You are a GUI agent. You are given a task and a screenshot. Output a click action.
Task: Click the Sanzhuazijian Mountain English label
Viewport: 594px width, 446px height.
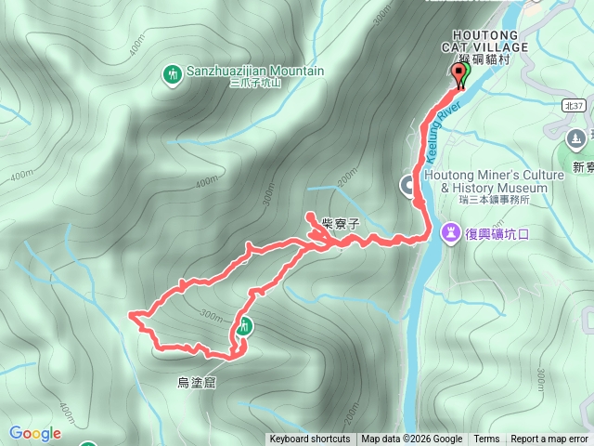click(256, 71)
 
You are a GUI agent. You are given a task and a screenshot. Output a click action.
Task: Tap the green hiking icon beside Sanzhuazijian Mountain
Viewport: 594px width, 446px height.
click(172, 73)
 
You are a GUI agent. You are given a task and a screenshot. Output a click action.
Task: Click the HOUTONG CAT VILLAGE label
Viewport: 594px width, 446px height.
click(484, 40)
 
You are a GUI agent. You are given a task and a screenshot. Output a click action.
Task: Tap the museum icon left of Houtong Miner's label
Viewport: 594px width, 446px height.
click(408, 186)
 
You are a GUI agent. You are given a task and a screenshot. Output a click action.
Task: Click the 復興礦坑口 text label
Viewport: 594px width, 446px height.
click(497, 232)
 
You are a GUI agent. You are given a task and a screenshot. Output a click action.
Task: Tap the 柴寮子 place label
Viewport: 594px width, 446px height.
click(340, 223)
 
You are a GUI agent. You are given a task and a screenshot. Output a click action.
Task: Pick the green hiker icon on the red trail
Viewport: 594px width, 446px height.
click(244, 325)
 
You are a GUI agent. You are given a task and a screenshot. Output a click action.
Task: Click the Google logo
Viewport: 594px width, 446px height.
click(35, 433)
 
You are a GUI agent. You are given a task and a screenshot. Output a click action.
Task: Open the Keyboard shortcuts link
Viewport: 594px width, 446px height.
click(310, 439)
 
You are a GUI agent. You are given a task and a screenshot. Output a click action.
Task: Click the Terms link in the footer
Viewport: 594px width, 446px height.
click(486, 439)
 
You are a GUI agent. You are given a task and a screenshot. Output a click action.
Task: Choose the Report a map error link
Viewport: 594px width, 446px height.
click(549, 439)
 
